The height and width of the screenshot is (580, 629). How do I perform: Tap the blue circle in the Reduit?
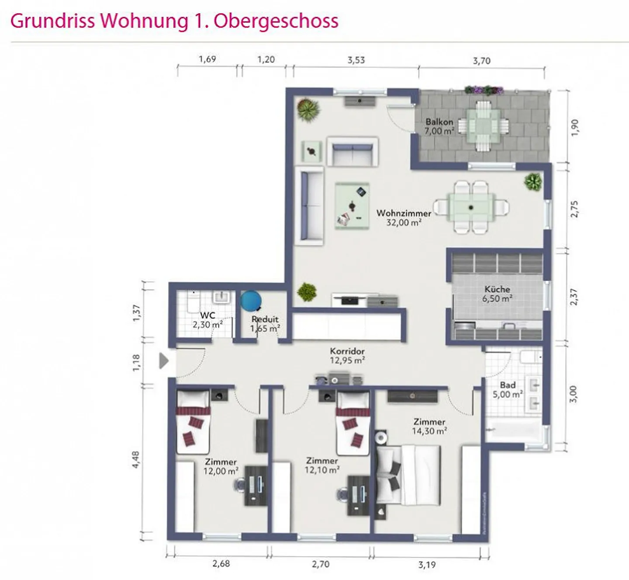click(251, 301)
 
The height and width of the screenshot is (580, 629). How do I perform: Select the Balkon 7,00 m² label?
click(439, 126)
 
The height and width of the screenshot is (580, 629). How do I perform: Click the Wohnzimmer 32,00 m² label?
click(404, 218)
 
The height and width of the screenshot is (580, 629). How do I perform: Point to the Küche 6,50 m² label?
click(498, 293)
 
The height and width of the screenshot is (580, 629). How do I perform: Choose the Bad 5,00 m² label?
click(508, 389)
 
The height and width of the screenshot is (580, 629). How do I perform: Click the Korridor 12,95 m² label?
click(347, 356)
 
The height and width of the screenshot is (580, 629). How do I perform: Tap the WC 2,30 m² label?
click(207, 320)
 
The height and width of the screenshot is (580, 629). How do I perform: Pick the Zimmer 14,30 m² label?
click(429, 426)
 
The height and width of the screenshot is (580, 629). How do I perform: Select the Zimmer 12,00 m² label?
click(221, 466)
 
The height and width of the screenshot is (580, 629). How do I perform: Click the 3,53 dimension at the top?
click(356, 60)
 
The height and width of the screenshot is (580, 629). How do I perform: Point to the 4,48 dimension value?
click(136, 460)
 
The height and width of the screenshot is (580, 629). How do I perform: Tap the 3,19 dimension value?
click(427, 565)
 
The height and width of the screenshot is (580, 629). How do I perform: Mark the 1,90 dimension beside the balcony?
click(575, 128)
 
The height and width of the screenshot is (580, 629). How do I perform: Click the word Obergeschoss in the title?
click(276, 21)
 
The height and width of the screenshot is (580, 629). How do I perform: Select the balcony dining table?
click(483, 125)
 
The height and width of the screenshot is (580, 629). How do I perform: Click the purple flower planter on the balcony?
click(484, 90)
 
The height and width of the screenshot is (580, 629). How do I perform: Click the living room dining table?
click(471, 207)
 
